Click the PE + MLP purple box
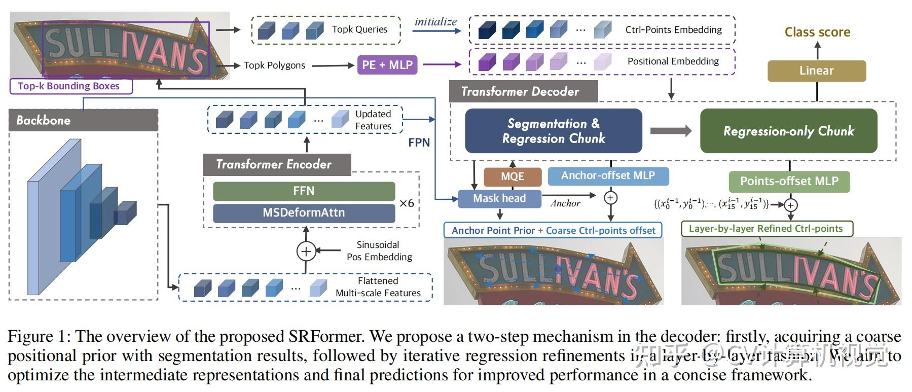[x=387, y=65]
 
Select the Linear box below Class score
[x=816, y=70]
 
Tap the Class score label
[x=817, y=32]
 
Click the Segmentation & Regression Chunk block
[x=553, y=131]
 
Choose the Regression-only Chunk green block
[x=788, y=131]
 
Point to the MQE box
[x=513, y=176]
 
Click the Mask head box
[x=499, y=198]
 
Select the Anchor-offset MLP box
[x=608, y=176]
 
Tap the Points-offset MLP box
[x=789, y=181]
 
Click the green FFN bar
[x=304, y=191]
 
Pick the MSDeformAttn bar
[x=304, y=213]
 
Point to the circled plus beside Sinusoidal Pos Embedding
[x=306, y=251]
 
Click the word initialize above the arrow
[x=435, y=22]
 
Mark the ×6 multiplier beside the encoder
[x=407, y=203]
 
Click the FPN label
[x=419, y=142]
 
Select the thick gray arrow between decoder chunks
[x=670, y=131]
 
